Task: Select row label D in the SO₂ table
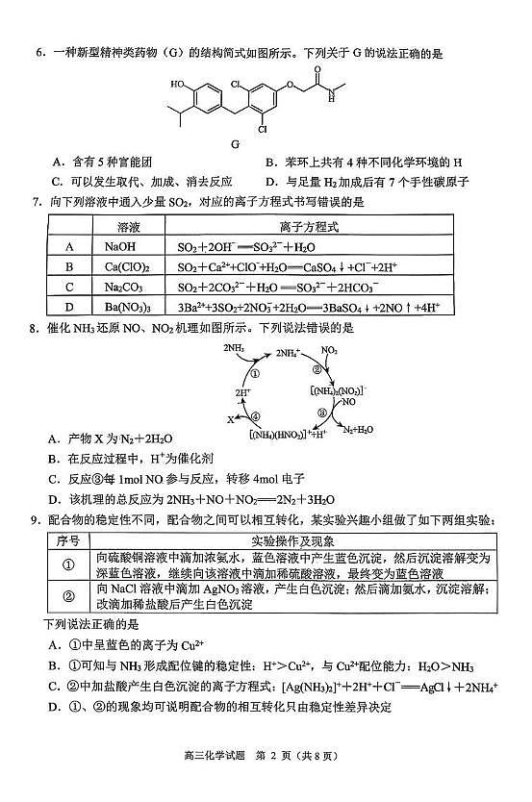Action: pos(69,307)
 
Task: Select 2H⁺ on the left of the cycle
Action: pos(242,394)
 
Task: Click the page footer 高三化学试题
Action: pos(206,780)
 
